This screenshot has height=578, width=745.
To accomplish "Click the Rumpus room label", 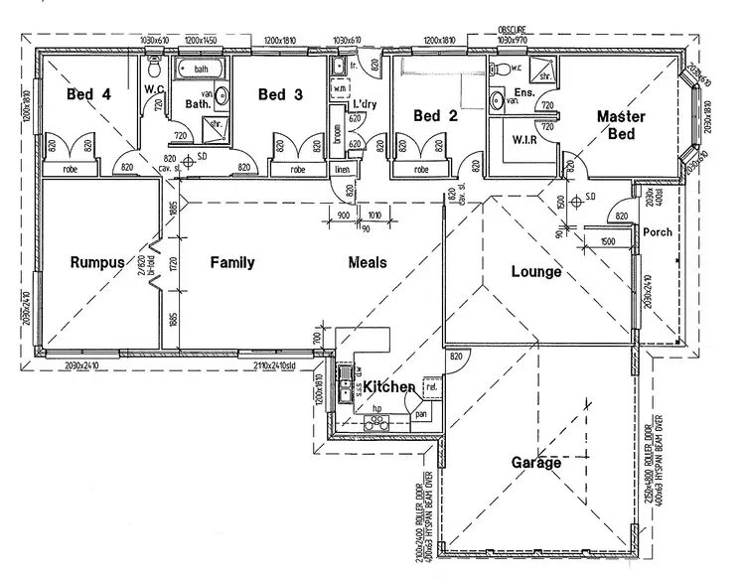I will click(97, 263).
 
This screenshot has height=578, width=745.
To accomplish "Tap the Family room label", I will click(232, 263).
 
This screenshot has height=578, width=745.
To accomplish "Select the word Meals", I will click(368, 263).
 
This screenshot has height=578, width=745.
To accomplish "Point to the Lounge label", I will click(536, 271).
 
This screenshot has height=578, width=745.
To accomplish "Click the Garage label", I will click(536, 462).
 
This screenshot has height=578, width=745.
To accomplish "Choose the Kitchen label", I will click(388, 386).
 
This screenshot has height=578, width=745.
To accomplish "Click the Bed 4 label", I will click(88, 94).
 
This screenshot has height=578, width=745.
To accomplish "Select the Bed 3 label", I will click(280, 94).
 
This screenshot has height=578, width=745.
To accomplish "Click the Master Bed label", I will click(621, 124).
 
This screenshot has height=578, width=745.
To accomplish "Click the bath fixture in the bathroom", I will click(202, 69).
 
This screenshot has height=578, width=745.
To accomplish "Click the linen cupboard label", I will click(343, 169).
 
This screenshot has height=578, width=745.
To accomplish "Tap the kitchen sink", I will click(344, 383).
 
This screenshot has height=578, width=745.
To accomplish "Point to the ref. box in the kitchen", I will click(430, 386).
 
